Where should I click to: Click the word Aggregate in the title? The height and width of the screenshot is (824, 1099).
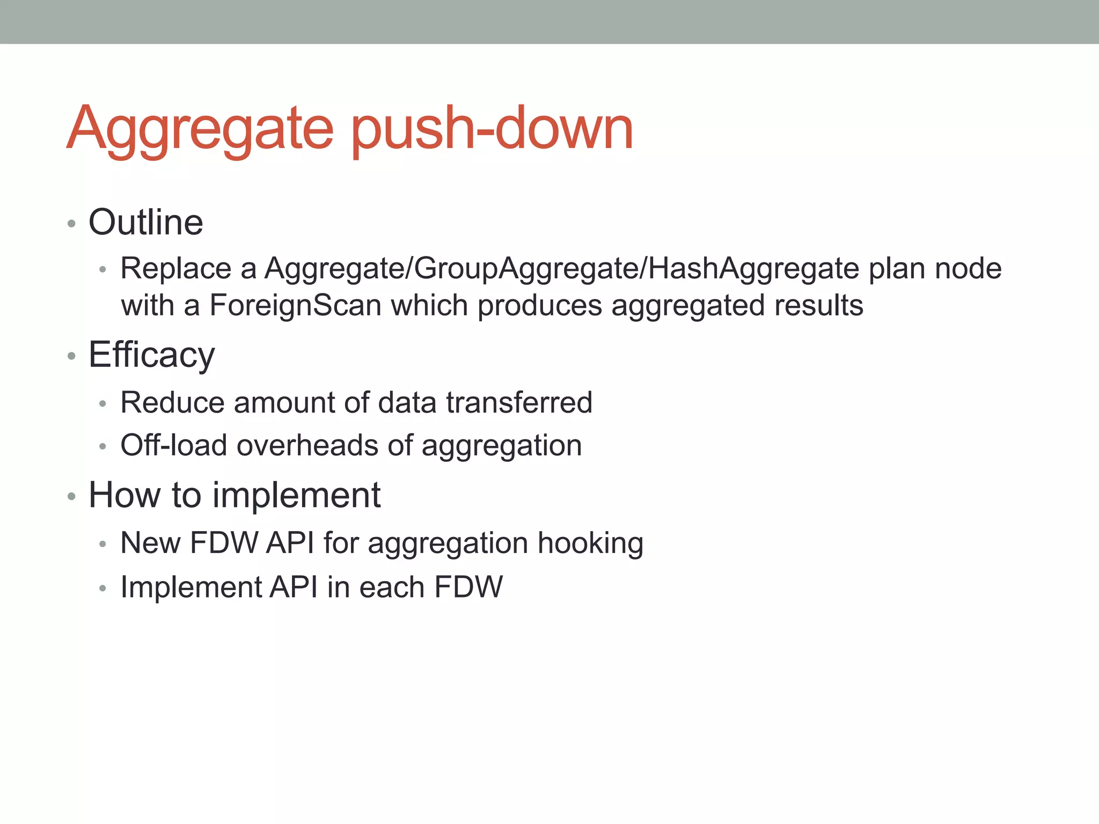(200, 129)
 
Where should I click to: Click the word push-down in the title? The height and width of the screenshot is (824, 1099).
(492, 129)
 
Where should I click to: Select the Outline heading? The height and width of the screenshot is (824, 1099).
(146, 222)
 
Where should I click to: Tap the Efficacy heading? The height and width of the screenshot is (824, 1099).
(152, 355)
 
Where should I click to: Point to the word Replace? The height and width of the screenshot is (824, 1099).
(176, 268)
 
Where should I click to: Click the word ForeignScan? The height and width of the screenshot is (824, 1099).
(295, 305)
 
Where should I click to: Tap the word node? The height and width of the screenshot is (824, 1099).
(968, 268)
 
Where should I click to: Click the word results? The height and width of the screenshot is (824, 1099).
(818, 305)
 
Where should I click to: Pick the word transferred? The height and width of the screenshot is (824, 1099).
(519, 402)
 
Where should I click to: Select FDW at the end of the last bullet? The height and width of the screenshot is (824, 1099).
(468, 587)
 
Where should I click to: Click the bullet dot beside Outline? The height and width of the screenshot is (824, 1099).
(71, 223)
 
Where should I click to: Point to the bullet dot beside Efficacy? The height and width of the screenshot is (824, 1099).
(71, 356)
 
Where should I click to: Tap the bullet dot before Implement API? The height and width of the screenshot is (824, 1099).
(102, 588)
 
